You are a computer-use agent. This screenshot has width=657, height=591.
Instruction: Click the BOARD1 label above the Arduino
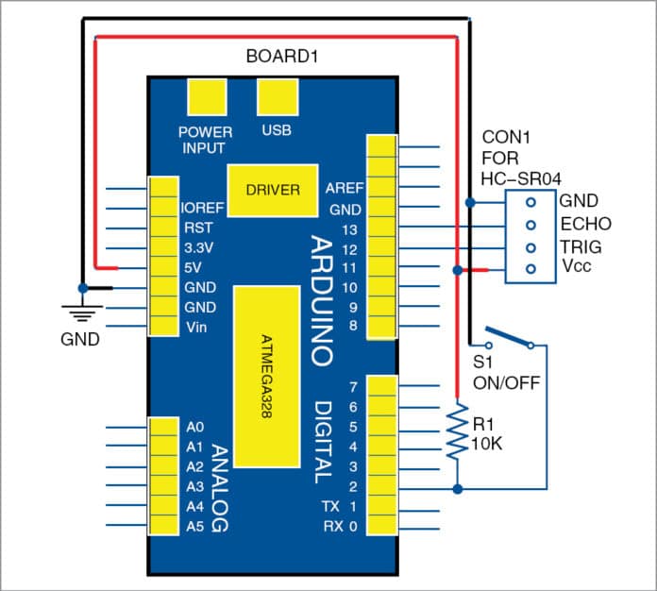pyautogui.click(x=281, y=56)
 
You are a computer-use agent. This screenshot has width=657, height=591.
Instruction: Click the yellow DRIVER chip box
pyautogui.click(x=272, y=190)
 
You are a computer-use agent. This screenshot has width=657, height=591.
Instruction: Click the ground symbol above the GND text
pyautogui.click(x=82, y=309)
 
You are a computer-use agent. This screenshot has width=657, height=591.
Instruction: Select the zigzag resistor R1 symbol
pyautogui.click(x=458, y=432)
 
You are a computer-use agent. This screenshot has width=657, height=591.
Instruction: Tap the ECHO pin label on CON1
pyautogui.click(x=585, y=225)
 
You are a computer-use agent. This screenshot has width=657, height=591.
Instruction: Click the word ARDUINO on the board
pyautogui.click(x=321, y=299)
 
